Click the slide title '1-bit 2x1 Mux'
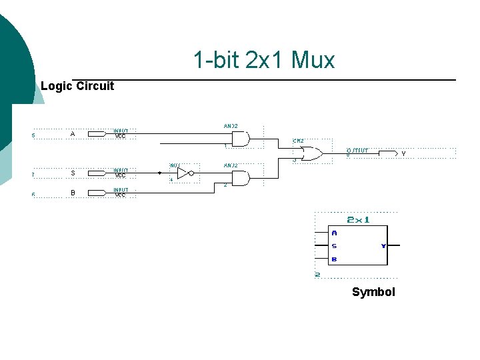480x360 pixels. [264, 61]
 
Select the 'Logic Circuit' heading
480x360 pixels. [77, 86]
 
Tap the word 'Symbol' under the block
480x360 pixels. [373, 292]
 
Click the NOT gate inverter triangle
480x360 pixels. [183, 173]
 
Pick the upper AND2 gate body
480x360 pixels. [239, 139]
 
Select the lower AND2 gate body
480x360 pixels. [239, 178]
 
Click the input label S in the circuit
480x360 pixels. [73, 173]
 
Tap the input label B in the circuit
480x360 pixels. [73, 193]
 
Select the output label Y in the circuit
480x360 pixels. [403, 154]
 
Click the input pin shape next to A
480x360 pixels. [97, 134]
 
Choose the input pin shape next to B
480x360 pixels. [97, 193]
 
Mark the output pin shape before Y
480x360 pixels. [388, 153]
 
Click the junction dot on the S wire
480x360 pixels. [160, 173]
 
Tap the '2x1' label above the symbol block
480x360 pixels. [358, 220]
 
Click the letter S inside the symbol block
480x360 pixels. [334, 246]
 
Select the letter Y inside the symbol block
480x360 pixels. [383, 246]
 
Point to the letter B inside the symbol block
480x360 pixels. [334, 259]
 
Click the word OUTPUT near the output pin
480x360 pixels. [357, 150]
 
